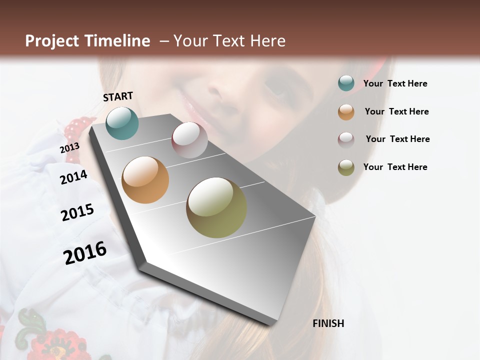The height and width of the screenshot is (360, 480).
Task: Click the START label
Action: pyautogui.click(x=118, y=96)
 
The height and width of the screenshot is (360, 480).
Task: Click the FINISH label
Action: pyautogui.click(x=328, y=323)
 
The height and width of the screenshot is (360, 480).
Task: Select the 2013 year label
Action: pyautogui.click(x=69, y=148)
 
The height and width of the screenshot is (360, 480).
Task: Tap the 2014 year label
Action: pyautogui.click(x=73, y=177)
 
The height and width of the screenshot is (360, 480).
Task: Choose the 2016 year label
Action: pyautogui.click(x=85, y=253)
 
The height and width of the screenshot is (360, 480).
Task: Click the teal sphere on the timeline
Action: pyautogui.click(x=122, y=123)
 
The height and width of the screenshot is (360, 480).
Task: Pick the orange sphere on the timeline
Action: pyautogui.click(x=145, y=179)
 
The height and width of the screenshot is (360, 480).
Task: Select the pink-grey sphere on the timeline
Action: pyautogui.click(x=189, y=140)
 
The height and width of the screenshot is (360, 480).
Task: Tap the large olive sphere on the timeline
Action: pyautogui.click(x=216, y=207)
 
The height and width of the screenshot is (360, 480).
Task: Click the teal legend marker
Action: pyautogui.click(x=346, y=83)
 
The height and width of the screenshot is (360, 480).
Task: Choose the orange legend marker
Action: pyautogui.click(x=346, y=112)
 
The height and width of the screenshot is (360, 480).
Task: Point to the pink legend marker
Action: pyautogui.click(x=346, y=139)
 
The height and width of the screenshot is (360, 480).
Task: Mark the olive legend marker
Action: pyautogui.click(x=346, y=167)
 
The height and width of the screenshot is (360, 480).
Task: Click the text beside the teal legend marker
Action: pyautogui.click(x=395, y=84)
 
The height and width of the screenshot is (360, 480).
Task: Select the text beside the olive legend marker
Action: pyautogui.click(x=395, y=167)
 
